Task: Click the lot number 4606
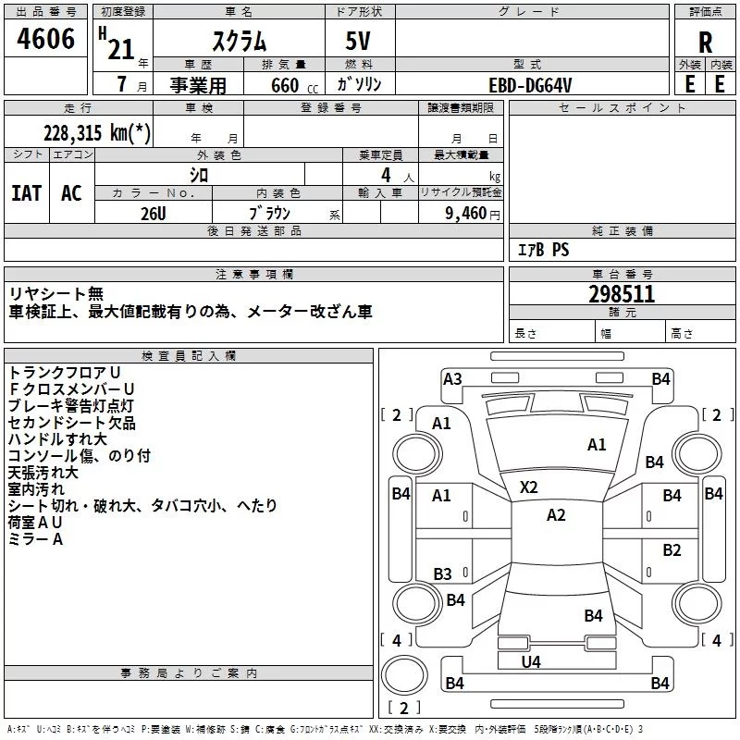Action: (x=45, y=39)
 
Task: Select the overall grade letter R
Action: (x=705, y=43)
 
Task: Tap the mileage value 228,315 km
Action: (x=97, y=133)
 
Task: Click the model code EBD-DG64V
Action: (x=530, y=85)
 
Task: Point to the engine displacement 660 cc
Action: (x=294, y=86)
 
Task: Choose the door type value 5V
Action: (x=358, y=41)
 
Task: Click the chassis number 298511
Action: (x=622, y=294)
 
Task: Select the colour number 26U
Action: (x=154, y=214)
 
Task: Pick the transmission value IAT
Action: (x=27, y=193)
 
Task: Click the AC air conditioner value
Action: (x=72, y=193)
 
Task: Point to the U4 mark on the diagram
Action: (x=531, y=662)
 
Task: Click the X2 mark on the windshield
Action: (x=528, y=487)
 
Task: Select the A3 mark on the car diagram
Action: (x=452, y=379)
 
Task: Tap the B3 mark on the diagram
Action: (x=443, y=573)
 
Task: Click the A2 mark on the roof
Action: (x=556, y=515)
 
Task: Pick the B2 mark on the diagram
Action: (x=672, y=550)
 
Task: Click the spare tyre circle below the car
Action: (x=404, y=675)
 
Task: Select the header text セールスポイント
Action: (x=622, y=108)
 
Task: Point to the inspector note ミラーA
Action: (x=35, y=539)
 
